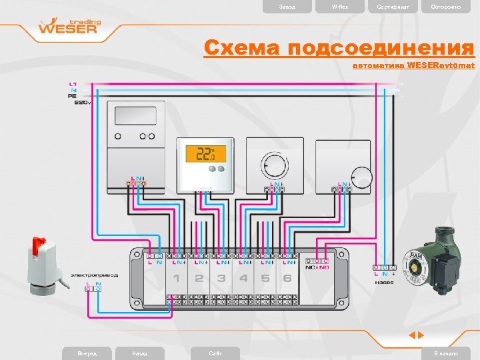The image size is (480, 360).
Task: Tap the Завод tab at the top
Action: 287,7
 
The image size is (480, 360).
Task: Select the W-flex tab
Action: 340,7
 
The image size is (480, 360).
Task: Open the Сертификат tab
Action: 393,7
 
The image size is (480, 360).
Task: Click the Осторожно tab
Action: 445,7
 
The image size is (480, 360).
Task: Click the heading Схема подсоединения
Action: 339,48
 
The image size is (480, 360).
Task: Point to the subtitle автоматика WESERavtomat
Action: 413,66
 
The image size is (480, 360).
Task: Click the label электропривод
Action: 93,274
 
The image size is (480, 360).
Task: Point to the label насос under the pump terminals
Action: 385,282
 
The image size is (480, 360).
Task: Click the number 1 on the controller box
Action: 177,278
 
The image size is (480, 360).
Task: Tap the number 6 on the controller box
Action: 287,278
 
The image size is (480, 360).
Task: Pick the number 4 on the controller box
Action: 243,278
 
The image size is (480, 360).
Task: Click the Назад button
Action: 140,353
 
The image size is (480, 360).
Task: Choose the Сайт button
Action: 215,353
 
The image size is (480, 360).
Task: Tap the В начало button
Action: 445,353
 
